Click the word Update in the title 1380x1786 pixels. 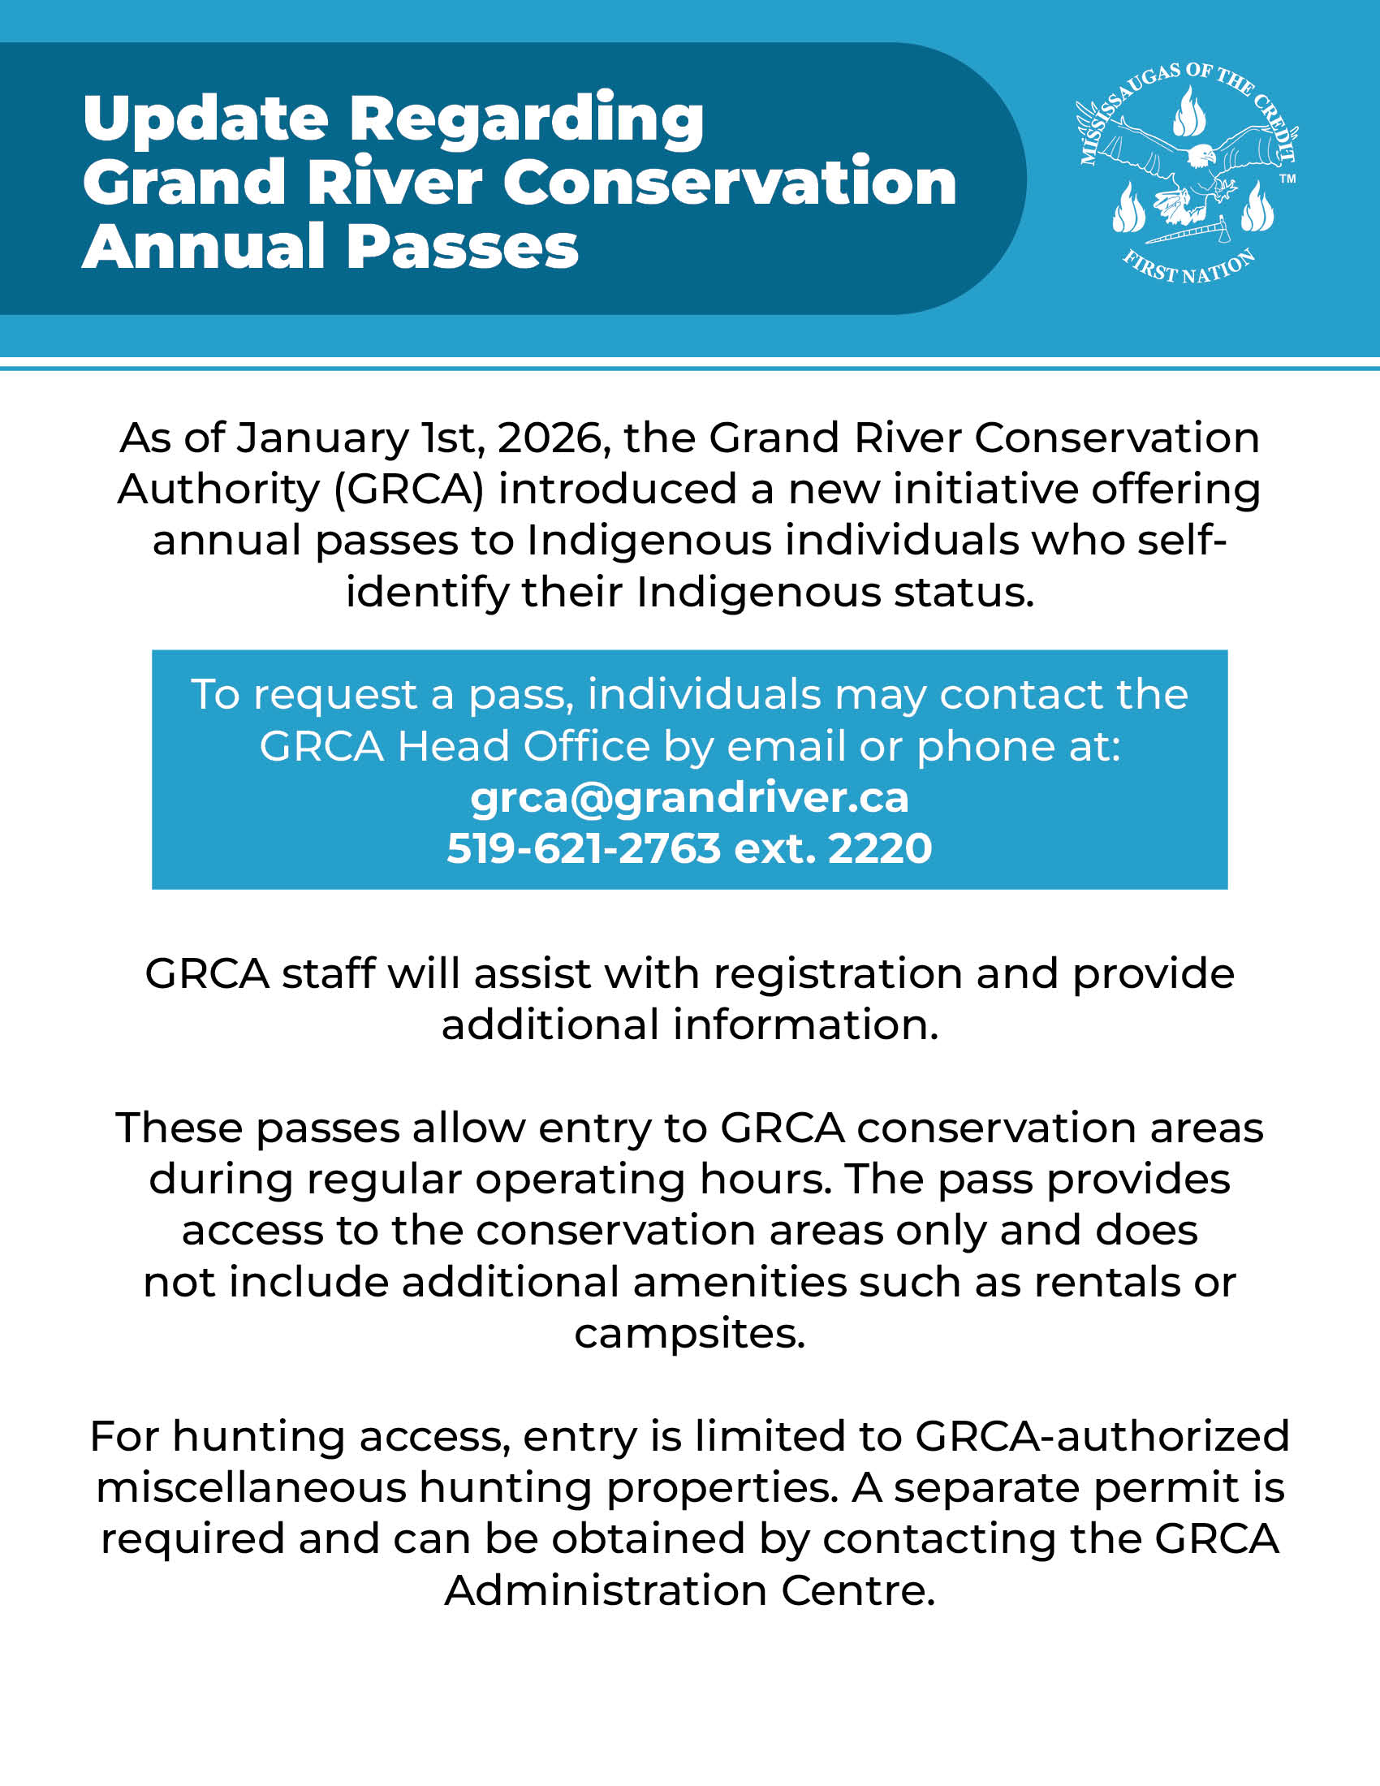coord(205,119)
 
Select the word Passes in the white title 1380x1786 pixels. coord(463,247)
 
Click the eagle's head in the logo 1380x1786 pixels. coord(1201,154)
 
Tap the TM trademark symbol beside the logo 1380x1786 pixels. coord(1287,179)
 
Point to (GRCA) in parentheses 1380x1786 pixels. coord(409,490)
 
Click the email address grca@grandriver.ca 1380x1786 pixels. coord(689,798)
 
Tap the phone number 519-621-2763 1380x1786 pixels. coord(584,848)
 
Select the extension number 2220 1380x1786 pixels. coord(880,848)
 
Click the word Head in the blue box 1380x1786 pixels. coord(453,747)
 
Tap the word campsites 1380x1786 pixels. coord(689,1334)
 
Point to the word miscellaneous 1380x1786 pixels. coord(251,1487)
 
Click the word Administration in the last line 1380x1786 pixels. coord(606,1590)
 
